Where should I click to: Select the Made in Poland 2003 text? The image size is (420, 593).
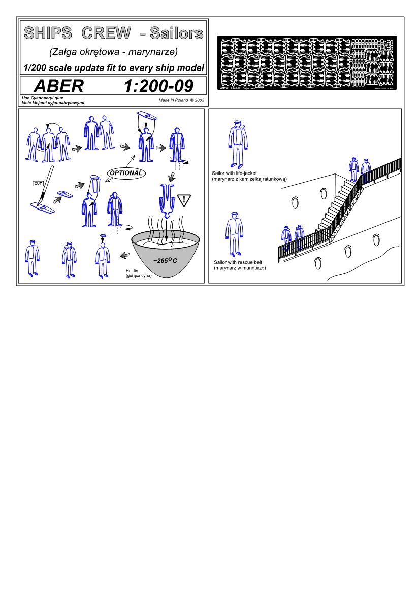click(x=181, y=100)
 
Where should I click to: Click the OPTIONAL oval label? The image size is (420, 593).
click(x=125, y=173)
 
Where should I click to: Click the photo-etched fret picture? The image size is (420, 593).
click(x=307, y=63)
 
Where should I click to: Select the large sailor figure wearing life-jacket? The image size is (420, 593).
click(x=236, y=144)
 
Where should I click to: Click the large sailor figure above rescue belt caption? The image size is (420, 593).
click(x=234, y=234)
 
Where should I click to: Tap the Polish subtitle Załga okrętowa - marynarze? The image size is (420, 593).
click(x=113, y=52)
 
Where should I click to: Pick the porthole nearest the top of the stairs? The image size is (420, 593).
click(x=324, y=193)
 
